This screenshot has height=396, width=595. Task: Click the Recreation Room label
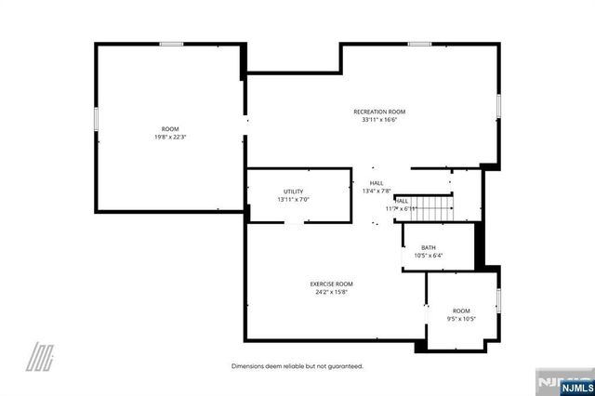378,112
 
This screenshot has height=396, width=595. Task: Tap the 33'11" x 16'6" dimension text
378,119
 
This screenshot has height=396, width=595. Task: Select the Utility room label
293,191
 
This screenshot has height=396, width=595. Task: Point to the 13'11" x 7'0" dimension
293,200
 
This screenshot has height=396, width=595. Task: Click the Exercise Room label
331,284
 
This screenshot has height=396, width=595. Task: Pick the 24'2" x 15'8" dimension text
331,292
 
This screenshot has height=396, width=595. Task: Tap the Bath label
428,247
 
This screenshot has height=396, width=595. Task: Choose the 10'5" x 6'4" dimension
428,256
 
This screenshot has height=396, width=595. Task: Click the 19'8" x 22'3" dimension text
170,137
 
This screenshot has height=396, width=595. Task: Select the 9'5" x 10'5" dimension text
461,319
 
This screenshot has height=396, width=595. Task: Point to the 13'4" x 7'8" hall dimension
377,191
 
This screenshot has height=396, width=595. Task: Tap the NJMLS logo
562,383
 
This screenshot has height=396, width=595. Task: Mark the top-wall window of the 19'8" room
171,44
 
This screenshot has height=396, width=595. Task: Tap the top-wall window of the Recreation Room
418,44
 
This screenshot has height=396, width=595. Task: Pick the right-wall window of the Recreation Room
497,105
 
